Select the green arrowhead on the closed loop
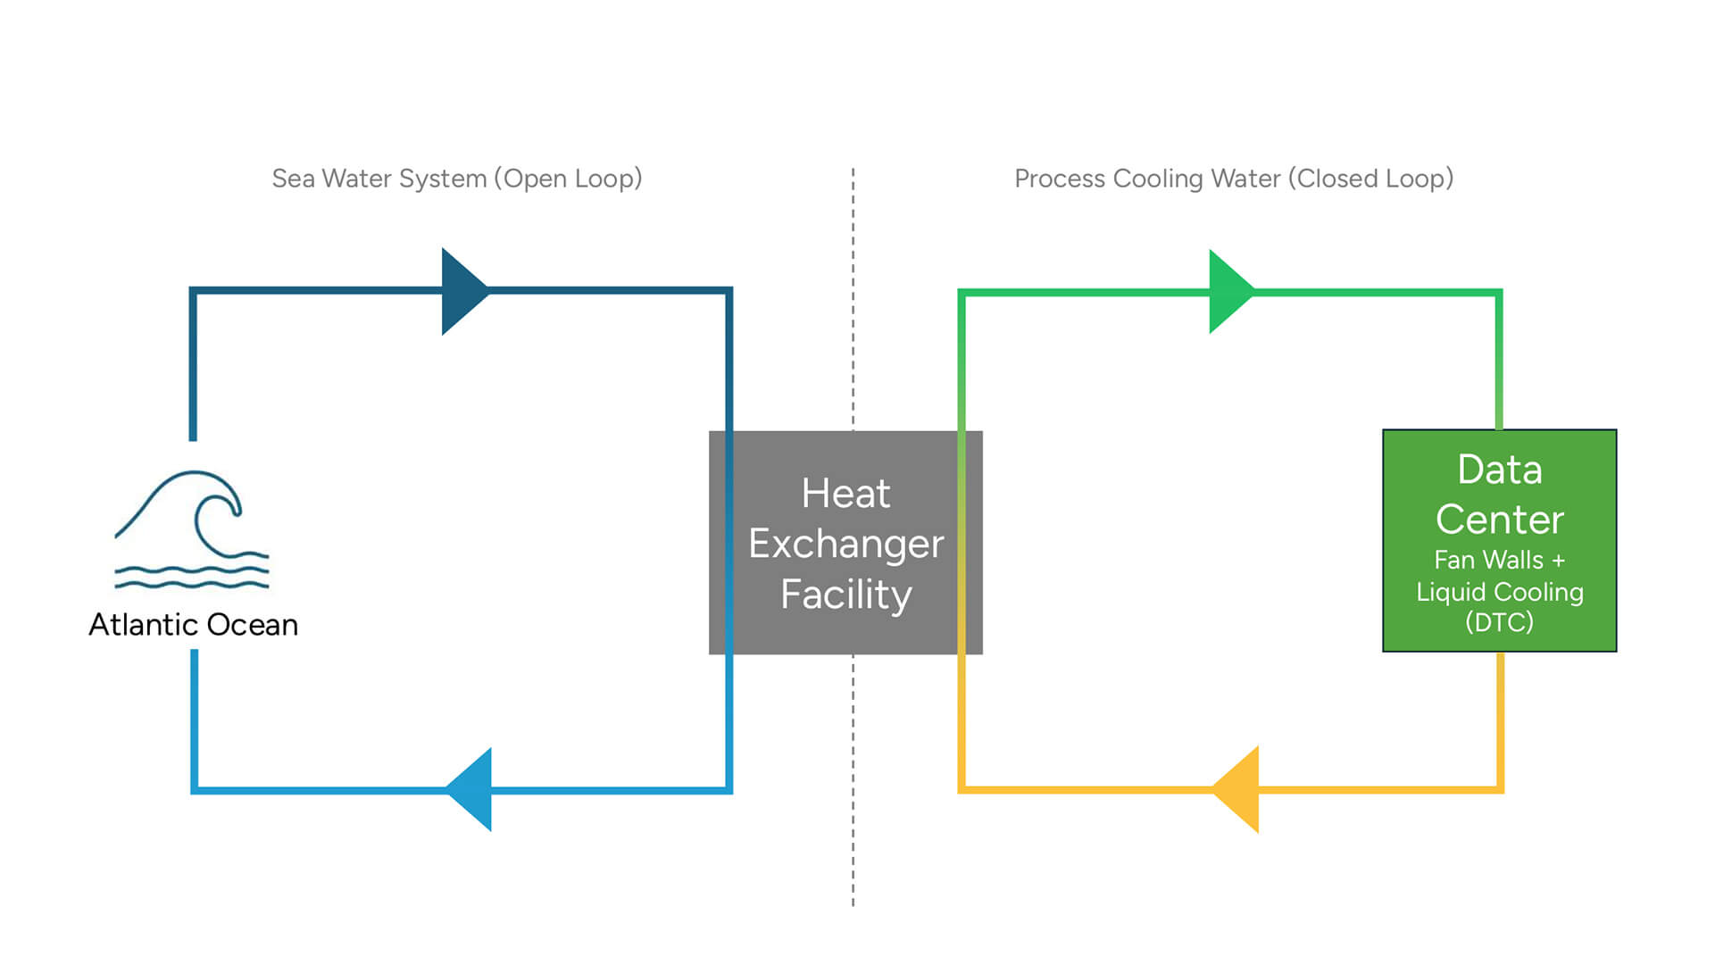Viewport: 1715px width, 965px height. point(1228,292)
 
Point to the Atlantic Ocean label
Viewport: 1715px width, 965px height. point(193,625)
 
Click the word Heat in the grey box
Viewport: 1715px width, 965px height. point(845,494)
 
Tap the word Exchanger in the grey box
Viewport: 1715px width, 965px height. point(845,544)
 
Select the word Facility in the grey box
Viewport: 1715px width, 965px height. point(845,595)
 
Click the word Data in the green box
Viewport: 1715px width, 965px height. point(1500,470)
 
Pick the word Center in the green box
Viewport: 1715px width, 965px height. point(1500,520)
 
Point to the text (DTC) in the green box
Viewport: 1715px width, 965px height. point(1500,622)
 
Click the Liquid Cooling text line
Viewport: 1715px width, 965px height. point(1500,592)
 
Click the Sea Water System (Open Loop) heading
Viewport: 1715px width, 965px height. point(457,179)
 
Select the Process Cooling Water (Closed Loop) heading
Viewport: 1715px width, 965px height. point(1234,179)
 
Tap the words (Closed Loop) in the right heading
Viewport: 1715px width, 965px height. point(1370,179)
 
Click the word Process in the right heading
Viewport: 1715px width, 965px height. point(1060,179)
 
